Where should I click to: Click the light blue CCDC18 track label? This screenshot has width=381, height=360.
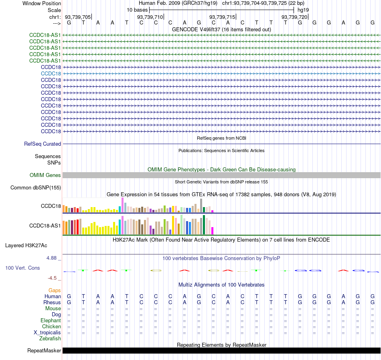(51, 74)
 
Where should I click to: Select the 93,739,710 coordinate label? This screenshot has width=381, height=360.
(150, 17)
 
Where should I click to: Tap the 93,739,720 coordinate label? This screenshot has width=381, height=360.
(294, 17)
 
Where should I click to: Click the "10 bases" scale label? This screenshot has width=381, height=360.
(137, 10)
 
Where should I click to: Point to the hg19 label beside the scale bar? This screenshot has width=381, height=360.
(303, 10)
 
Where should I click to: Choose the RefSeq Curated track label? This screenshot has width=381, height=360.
(43, 144)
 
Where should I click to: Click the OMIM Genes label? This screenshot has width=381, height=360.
(45, 175)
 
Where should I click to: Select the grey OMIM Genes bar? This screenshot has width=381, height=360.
(221, 175)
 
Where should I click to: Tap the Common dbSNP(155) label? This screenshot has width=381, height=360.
(36, 188)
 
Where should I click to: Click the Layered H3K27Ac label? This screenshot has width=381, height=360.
(26, 246)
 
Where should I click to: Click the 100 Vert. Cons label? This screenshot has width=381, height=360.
(22, 268)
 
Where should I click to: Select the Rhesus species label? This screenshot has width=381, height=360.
(52, 302)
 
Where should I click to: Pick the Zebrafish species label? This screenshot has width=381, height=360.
(50, 338)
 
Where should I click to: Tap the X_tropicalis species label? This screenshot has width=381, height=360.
(47, 333)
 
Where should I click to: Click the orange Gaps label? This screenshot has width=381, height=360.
(55, 290)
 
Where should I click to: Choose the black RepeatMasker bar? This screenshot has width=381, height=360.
(221, 350)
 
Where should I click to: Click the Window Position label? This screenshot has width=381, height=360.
(42, 3)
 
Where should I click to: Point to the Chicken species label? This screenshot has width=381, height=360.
(51, 326)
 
